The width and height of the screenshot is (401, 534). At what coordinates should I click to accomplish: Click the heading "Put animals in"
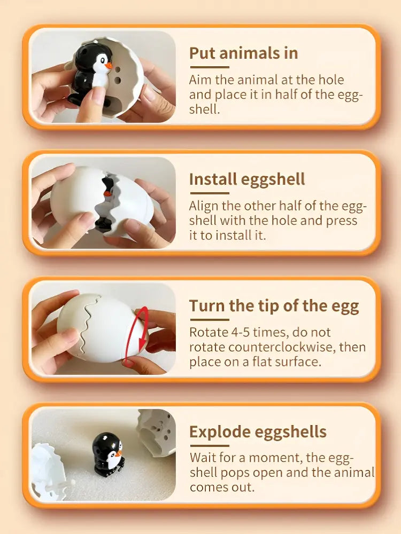[243, 53]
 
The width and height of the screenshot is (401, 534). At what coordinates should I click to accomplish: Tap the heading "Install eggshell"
[247, 179]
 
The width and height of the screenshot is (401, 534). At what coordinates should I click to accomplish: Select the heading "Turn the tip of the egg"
[274, 306]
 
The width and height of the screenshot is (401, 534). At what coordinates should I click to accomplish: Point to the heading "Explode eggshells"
[258, 431]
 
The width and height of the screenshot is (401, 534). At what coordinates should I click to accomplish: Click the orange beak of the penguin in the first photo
[109, 66]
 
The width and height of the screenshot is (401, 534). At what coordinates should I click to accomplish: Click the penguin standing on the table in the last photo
[107, 454]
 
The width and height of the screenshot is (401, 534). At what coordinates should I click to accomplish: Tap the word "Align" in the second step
[204, 206]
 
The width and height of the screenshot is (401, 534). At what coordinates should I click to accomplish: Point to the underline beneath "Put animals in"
[209, 67]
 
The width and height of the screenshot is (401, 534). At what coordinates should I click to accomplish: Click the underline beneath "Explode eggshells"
[209, 445]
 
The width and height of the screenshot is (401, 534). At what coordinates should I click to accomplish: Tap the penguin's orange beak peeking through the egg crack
[108, 193]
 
